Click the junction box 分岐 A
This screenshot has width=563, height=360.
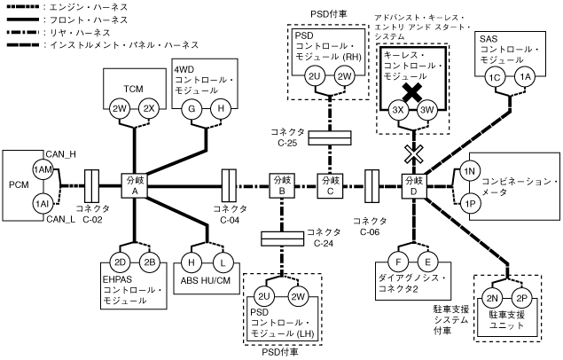[x=134, y=186]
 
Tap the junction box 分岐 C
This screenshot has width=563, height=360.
[x=330, y=186]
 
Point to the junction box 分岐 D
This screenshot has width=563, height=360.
[x=413, y=186]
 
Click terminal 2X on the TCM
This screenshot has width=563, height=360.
[x=150, y=109]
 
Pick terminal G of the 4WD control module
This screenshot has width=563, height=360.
[x=189, y=109]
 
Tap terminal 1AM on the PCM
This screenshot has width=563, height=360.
[x=41, y=169]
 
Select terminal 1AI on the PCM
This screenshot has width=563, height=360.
[x=41, y=203]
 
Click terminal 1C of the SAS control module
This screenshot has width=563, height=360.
[x=496, y=78]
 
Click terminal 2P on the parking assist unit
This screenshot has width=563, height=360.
[x=521, y=299]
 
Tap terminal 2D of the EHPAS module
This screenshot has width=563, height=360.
[x=121, y=262]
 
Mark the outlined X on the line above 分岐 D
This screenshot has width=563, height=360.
[x=412, y=153]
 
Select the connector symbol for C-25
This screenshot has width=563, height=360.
[x=330, y=137]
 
